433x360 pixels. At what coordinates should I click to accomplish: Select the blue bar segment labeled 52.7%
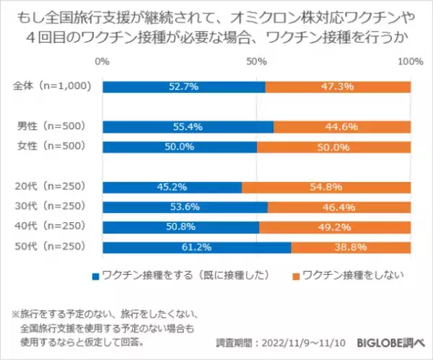pyautogui.click(x=183, y=87)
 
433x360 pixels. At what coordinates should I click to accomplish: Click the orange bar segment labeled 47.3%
pyautogui.click(x=338, y=87)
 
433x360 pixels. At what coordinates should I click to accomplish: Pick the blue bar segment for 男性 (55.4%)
pyautogui.click(x=188, y=127)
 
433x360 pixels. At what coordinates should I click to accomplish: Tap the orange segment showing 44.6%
pyautogui.click(x=342, y=127)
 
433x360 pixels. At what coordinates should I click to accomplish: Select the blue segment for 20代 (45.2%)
pyautogui.click(x=172, y=187)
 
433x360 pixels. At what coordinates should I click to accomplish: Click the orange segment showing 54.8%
pyautogui.click(x=326, y=187)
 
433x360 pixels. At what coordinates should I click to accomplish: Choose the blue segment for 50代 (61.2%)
pyautogui.click(x=196, y=247)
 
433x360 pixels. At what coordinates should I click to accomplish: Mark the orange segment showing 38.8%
pyautogui.click(x=351, y=247)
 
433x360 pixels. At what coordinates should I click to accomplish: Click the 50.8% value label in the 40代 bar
pyautogui.click(x=180, y=227)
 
